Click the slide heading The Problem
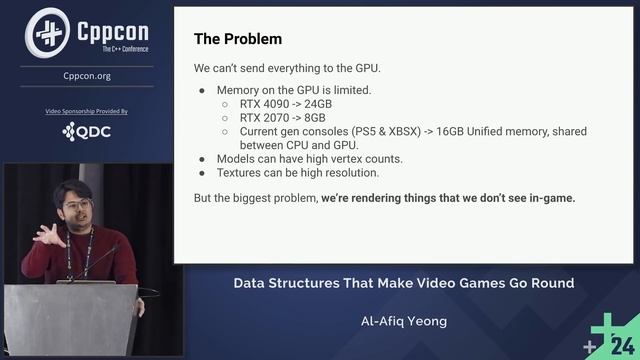click(x=237, y=39)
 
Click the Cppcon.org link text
click(x=87, y=76)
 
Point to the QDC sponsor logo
click(x=87, y=131)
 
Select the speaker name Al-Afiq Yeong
click(x=403, y=323)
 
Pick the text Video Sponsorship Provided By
click(x=87, y=111)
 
